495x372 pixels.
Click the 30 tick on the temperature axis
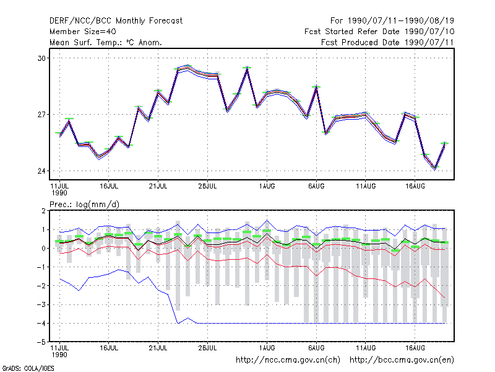[x=41, y=58]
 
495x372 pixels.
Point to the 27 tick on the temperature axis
[x=41, y=115]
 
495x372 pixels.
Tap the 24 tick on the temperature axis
[x=41, y=171]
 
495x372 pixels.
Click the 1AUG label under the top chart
[x=267, y=187]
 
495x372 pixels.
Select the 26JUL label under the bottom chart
[x=207, y=348]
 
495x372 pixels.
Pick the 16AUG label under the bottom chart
[x=415, y=348]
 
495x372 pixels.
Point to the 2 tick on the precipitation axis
[x=43, y=211]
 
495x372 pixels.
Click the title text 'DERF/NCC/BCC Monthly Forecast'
[x=116, y=21]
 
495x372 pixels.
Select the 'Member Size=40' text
[x=83, y=32]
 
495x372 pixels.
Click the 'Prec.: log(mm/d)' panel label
[x=85, y=205]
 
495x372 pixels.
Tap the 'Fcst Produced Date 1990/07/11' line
[x=387, y=42]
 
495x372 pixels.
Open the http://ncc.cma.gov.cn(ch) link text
[x=288, y=360]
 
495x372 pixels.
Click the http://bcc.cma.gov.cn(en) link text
[x=402, y=360]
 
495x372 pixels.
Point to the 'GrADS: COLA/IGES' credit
[x=28, y=368]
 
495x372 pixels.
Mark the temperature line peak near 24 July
[x=187, y=68]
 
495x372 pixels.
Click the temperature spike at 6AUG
[x=316, y=88]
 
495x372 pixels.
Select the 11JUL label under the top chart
[x=59, y=189]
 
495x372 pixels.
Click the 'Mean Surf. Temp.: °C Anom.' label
[x=106, y=42]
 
